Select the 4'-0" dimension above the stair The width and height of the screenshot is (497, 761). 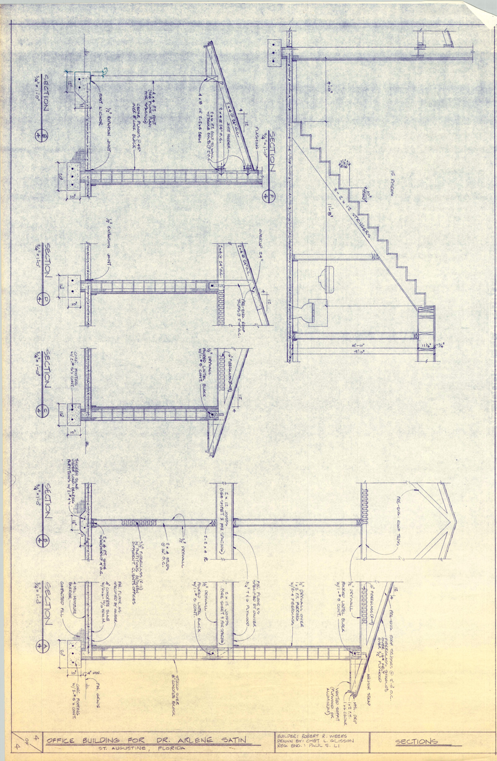coord(330,89)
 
